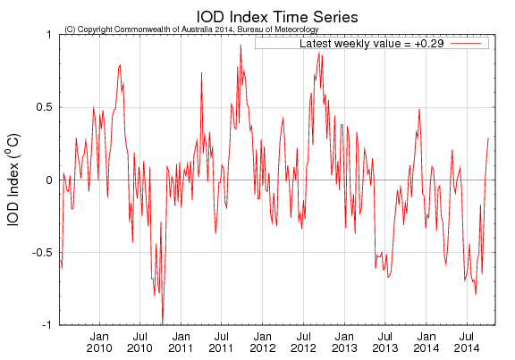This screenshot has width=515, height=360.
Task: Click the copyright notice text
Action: click(191, 29)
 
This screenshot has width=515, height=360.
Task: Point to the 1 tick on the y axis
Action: click(48, 34)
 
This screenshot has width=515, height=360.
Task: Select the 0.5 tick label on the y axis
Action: click(43, 107)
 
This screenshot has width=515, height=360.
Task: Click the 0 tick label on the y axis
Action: click(48, 180)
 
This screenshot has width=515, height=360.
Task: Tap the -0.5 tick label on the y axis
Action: click(41, 253)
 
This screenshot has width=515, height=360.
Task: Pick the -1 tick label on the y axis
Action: click(46, 325)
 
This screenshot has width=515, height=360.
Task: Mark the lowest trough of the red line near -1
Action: click(162, 322)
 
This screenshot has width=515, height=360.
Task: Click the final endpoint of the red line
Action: click(488, 138)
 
